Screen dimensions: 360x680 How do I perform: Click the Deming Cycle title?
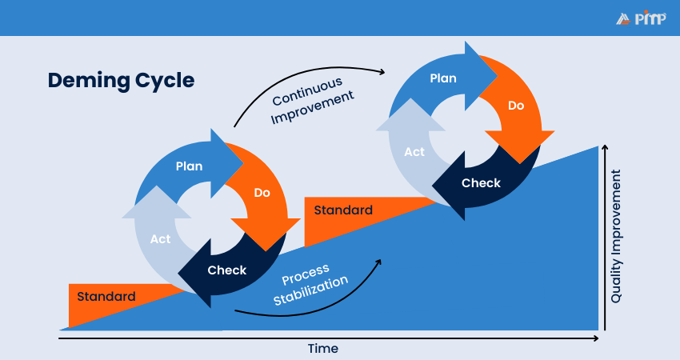(x=120, y=81)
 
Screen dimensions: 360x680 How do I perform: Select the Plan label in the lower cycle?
(x=189, y=166)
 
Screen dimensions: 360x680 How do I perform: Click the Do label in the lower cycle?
(x=262, y=193)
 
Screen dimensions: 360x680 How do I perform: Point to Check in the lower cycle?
(x=227, y=270)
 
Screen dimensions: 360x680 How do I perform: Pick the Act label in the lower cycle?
(x=161, y=238)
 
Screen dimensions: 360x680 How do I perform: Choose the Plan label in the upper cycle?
(x=442, y=78)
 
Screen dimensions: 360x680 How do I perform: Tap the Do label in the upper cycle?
(x=516, y=105)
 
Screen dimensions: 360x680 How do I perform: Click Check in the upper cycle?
(x=481, y=182)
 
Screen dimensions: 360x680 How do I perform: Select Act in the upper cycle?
(x=414, y=151)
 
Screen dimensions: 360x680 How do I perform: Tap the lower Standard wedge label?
(x=106, y=296)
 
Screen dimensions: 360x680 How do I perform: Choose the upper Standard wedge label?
(x=342, y=210)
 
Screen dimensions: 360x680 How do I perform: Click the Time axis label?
(x=323, y=349)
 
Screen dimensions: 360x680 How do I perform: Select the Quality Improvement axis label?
(x=617, y=240)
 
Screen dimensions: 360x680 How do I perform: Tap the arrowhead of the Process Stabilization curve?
(x=379, y=260)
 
